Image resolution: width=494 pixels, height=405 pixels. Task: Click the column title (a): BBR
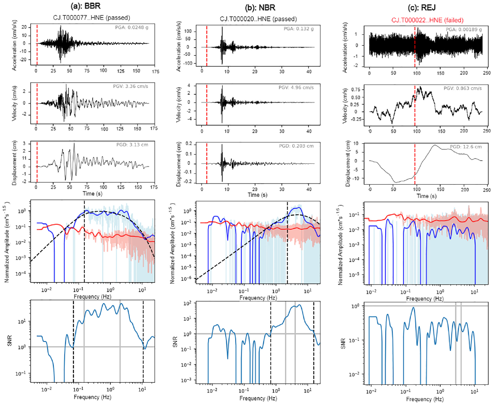86,6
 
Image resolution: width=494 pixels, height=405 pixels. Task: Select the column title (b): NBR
260,8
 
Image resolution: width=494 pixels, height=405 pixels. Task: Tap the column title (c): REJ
422,8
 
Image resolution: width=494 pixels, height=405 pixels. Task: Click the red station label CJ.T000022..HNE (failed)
428,20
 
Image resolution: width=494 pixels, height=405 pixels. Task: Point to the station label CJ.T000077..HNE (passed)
92,18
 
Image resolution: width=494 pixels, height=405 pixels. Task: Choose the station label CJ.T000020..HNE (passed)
258,19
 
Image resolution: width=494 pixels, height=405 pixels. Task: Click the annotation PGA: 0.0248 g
132,27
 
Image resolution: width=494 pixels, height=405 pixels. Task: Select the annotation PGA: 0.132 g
299,29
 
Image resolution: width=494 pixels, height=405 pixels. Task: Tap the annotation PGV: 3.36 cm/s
131,86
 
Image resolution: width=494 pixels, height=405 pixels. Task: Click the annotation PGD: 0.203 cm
296,146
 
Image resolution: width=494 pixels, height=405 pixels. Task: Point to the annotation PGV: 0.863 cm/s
463,88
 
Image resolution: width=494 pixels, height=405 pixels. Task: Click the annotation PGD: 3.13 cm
132,145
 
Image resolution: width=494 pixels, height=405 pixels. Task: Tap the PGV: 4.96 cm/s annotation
296,87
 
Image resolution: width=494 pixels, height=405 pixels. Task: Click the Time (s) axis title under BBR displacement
93,194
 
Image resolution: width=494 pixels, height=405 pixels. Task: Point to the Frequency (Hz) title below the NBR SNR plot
258,398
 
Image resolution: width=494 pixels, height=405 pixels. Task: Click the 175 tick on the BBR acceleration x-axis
155,71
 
